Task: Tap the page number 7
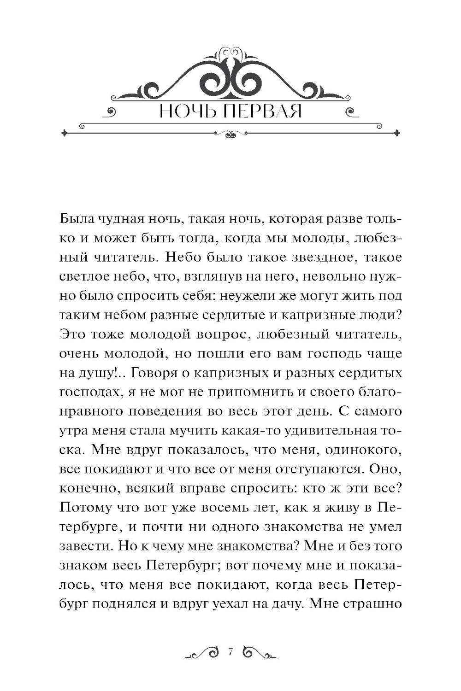coord(231,651)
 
